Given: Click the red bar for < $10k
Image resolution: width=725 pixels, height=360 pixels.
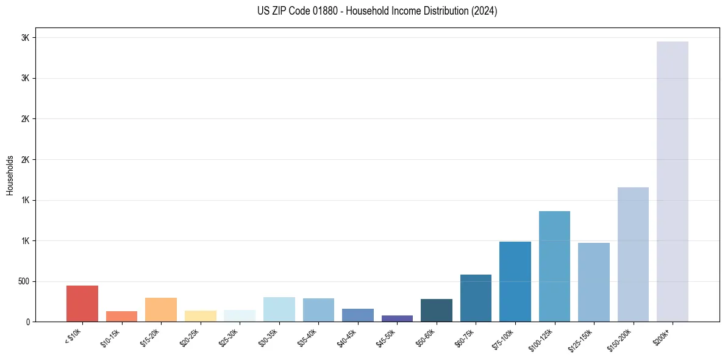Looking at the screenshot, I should [82, 303].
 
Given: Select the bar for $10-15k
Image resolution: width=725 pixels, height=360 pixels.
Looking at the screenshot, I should [121, 316].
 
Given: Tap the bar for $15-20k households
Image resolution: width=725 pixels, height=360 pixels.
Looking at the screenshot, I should [161, 309].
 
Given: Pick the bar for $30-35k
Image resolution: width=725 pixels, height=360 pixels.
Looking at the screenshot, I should [279, 309].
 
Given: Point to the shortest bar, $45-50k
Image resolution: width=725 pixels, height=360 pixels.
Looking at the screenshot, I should [397, 319].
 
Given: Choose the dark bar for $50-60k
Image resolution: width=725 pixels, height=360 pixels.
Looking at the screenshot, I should [437, 310].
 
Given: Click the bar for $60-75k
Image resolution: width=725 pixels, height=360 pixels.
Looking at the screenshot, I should [476, 298].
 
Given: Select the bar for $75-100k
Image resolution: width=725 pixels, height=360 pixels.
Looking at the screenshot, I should [515, 281].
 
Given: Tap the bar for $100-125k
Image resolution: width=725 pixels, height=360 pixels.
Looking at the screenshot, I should [554, 266].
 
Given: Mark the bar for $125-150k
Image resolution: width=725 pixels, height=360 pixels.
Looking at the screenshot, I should [594, 282].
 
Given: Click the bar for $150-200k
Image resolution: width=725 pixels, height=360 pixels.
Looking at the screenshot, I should [633, 254].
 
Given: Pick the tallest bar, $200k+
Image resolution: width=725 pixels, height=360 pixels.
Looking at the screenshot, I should [673, 181].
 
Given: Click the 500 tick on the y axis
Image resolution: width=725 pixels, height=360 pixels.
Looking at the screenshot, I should [23, 281].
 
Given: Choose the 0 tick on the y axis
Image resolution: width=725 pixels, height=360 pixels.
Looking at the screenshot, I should [27, 322].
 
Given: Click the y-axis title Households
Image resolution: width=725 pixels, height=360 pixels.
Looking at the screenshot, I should [10, 175].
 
